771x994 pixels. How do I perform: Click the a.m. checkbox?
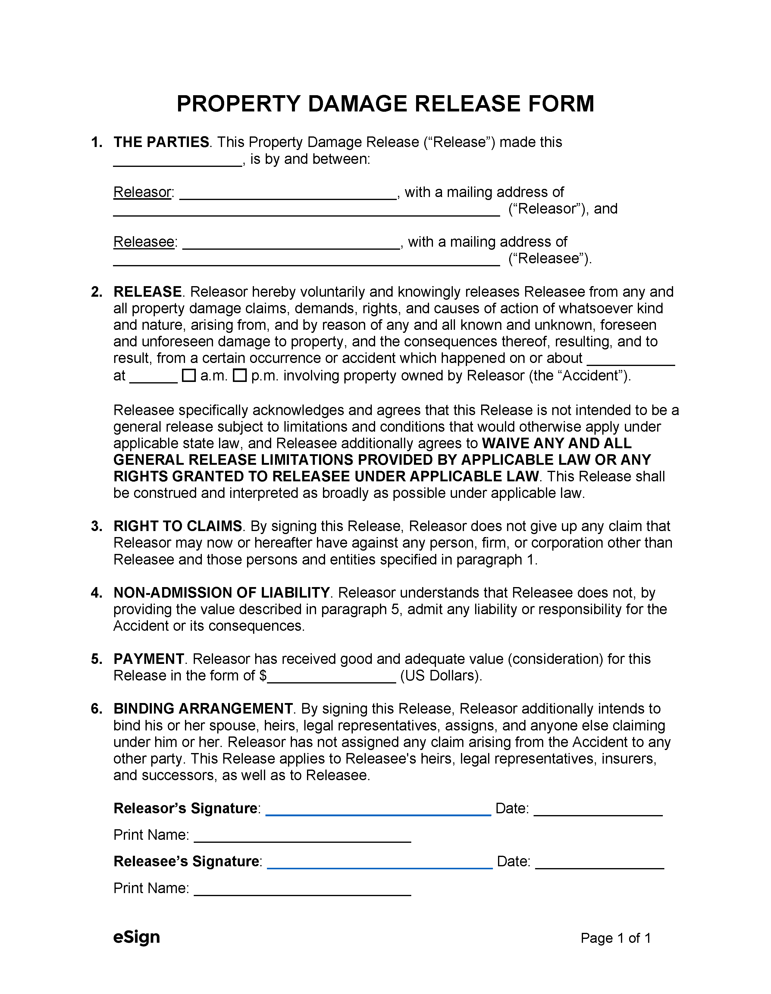188,376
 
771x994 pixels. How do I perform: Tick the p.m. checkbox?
240,376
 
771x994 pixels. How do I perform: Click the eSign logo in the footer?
136,937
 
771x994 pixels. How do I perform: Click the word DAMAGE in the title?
357,104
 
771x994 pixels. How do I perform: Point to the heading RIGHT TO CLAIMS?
177,526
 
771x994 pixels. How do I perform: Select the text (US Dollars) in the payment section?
440,676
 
